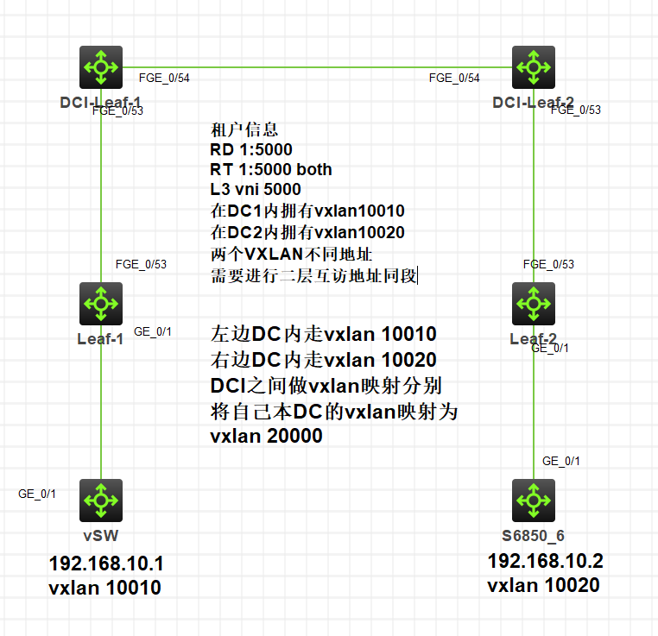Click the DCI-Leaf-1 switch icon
point(102,67)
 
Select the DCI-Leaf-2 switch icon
point(534,67)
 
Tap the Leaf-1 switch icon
point(102,303)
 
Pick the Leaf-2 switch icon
point(534,303)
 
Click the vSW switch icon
point(102,500)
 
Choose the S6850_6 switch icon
point(534,500)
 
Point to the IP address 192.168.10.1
point(106,565)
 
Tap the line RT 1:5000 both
point(271,169)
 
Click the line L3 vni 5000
point(256,189)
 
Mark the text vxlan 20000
point(266,436)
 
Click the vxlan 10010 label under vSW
point(105,589)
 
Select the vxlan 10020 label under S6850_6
point(543,586)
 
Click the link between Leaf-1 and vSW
point(102,406)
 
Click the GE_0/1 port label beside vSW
point(37,494)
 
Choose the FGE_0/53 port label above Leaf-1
point(141,264)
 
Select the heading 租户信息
point(244,130)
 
